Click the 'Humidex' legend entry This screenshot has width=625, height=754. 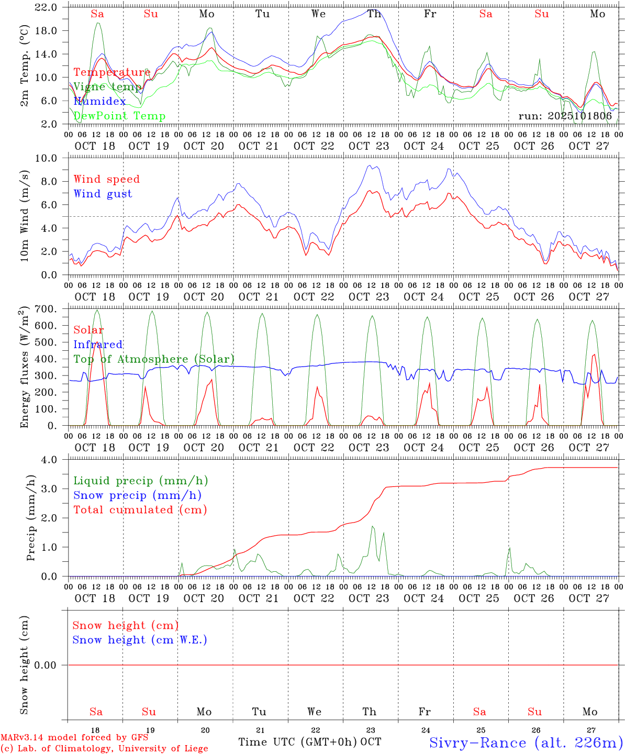point(99,101)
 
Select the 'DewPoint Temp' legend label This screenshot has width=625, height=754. point(119,116)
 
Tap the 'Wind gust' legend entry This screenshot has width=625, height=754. point(103,194)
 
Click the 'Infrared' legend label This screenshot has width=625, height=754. point(98,345)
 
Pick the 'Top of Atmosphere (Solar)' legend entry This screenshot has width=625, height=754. point(154,359)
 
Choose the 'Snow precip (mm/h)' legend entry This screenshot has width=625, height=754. point(137,495)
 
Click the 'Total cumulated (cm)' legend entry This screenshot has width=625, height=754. point(140,509)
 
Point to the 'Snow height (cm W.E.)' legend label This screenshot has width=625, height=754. point(140,640)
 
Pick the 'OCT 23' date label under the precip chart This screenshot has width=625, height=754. point(369,598)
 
